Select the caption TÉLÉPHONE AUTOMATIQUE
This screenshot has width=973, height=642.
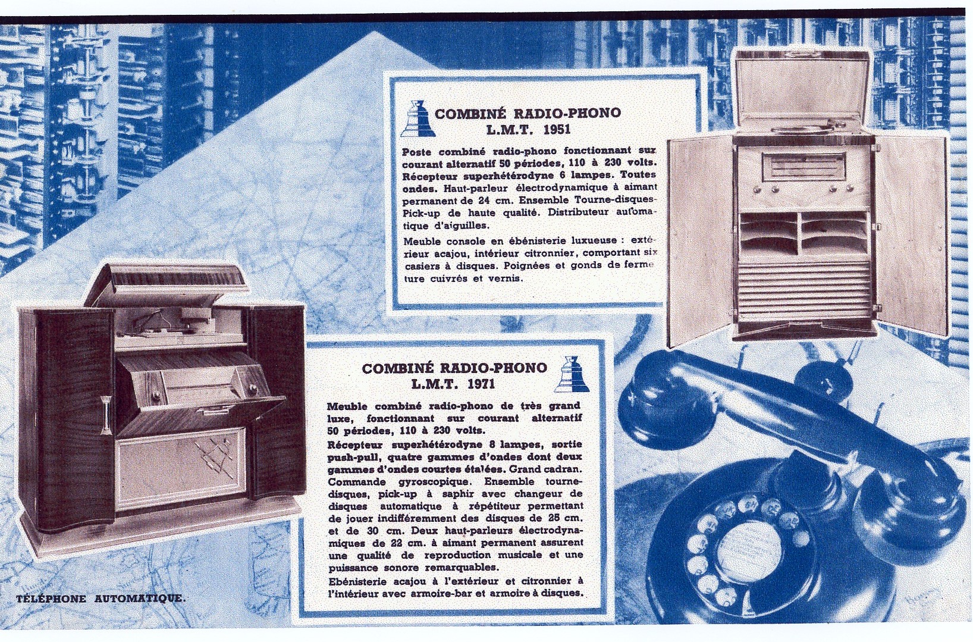point(101,599)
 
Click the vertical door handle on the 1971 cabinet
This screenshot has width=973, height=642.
point(105,415)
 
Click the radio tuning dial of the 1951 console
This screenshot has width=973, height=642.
point(803,167)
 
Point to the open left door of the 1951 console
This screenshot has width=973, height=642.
point(700,241)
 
